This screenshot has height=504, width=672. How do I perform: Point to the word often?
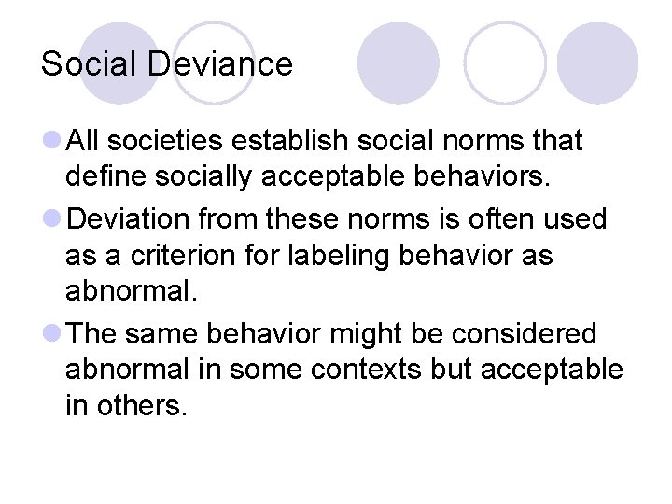483,219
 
